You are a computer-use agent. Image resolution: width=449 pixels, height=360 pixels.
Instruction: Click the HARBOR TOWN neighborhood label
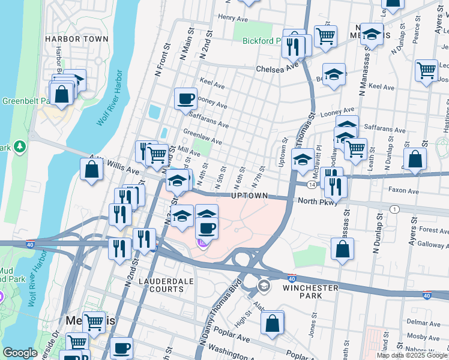click(77, 39)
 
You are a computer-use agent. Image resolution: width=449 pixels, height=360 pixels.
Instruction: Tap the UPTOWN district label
click(249, 196)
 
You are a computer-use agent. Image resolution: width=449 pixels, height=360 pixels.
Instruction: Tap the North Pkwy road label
click(316, 202)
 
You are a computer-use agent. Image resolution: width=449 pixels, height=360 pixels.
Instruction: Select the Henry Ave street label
click(234, 17)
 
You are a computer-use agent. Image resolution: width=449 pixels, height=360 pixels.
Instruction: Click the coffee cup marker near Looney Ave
click(185, 98)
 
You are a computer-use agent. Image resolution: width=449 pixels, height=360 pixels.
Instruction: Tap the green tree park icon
click(20, 146)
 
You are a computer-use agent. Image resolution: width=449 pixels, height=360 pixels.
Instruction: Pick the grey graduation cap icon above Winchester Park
click(263, 286)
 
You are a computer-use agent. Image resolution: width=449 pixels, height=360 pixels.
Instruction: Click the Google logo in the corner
click(20, 353)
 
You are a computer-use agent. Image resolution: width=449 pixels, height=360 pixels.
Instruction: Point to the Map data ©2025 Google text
click(412, 355)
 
